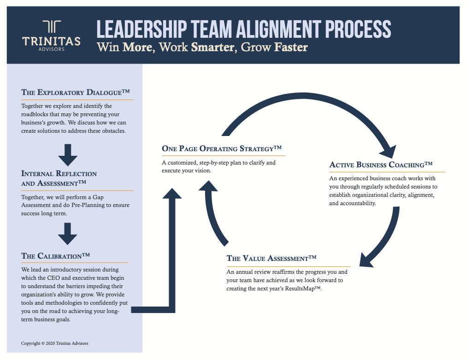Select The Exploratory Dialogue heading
pos(75,93)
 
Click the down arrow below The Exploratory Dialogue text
pos(68,155)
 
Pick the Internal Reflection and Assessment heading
pos(59,178)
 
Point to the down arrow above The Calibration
pos(68,234)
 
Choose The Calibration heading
pos(55,256)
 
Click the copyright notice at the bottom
pos(54,343)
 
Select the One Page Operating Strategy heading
pos(221,148)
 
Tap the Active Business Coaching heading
pos(381,165)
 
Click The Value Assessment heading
pos(271,259)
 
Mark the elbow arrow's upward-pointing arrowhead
pos(172,193)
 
